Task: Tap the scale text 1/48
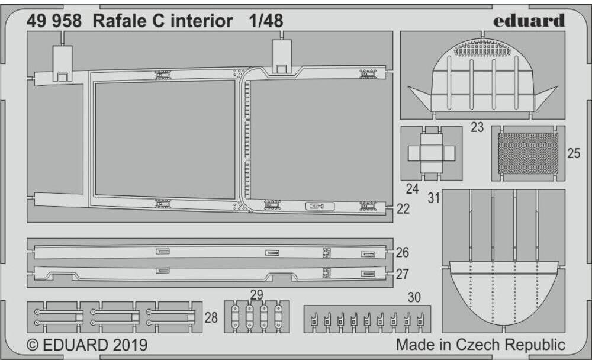click(x=266, y=21)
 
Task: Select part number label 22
click(x=403, y=208)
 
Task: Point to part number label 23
click(x=477, y=127)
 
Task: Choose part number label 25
click(x=573, y=154)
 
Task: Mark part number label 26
click(x=403, y=253)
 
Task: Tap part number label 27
click(x=403, y=274)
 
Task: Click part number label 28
click(x=211, y=318)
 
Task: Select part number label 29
click(x=256, y=294)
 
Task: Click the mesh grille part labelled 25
click(x=528, y=153)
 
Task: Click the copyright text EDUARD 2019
click(x=87, y=345)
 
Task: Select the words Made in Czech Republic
click(x=481, y=345)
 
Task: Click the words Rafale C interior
click(x=162, y=21)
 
